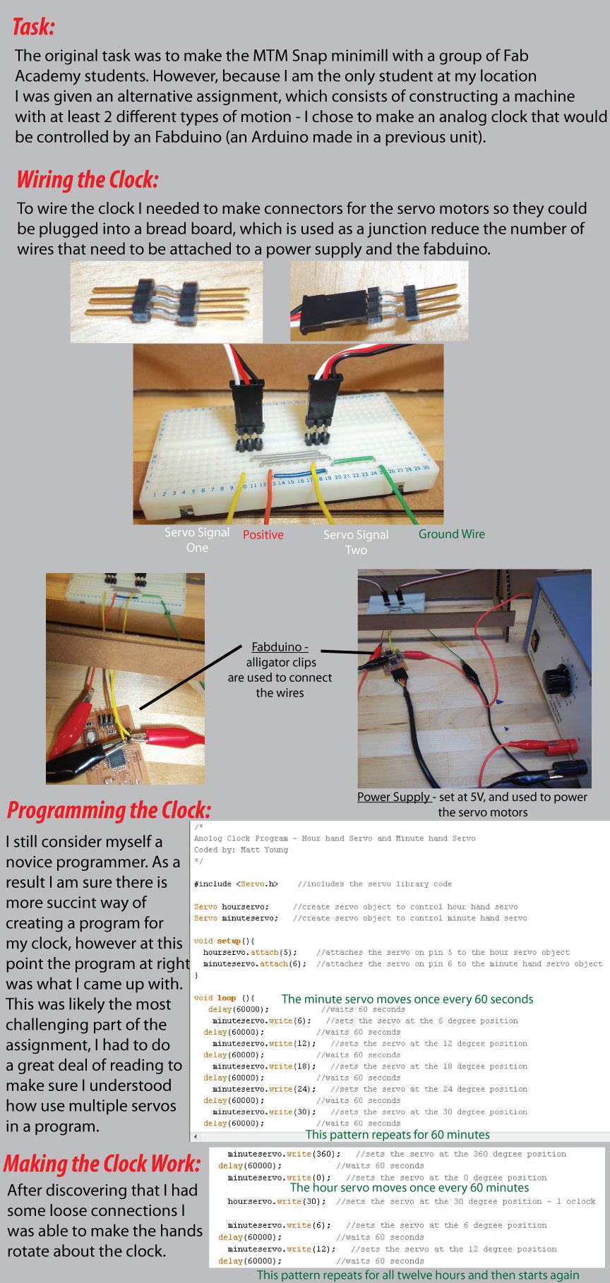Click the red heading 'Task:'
pyautogui.click(x=32, y=28)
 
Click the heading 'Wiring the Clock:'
pyautogui.click(x=87, y=180)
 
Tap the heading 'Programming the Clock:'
pyautogui.click(x=109, y=810)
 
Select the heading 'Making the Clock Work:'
pyautogui.click(x=102, y=1163)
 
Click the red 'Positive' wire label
pyautogui.click(x=263, y=535)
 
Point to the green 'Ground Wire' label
pyautogui.click(x=451, y=534)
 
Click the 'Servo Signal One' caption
pyautogui.click(x=196, y=540)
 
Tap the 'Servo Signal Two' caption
pyautogui.click(x=356, y=542)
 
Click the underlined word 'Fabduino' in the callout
pyautogui.click(x=277, y=647)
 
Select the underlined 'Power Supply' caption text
pyautogui.click(x=394, y=797)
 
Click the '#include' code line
pyautogui.click(x=236, y=884)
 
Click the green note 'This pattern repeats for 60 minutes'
pyautogui.click(x=397, y=1135)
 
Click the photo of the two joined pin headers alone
pyautogui.click(x=167, y=301)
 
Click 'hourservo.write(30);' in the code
pyautogui.click(x=277, y=1201)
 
